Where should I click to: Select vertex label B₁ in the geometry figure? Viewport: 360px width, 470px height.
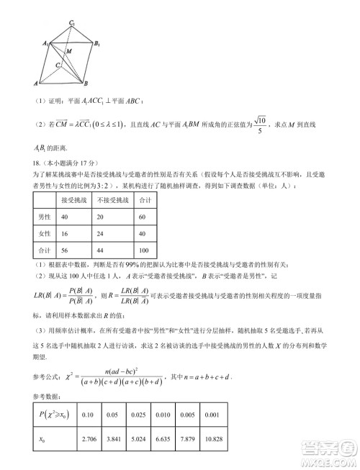97,45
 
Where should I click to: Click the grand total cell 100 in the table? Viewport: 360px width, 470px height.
144,250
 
